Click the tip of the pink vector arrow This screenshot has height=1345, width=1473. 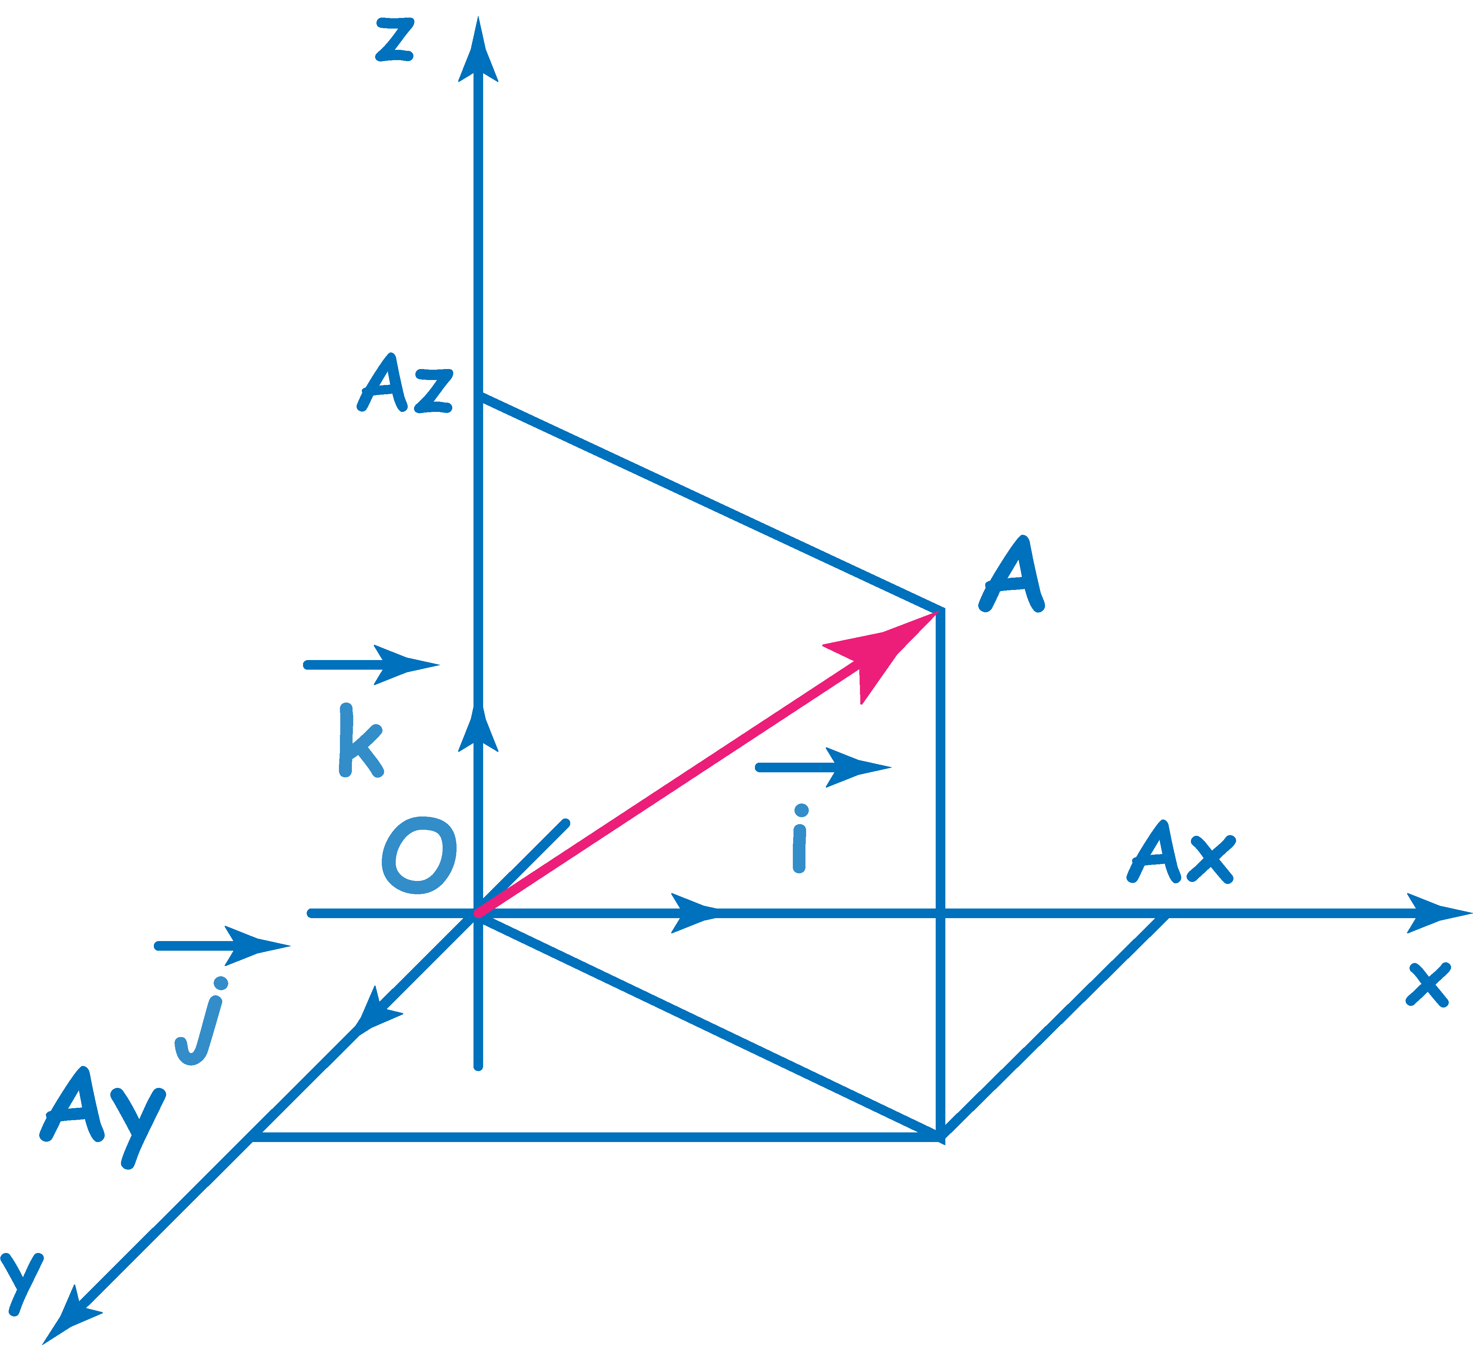[938, 612]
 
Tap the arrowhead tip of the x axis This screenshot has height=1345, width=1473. [1472, 913]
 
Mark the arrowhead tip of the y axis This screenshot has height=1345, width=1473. [43, 1344]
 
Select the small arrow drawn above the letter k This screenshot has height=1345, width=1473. [371, 665]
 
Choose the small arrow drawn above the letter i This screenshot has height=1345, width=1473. [823, 767]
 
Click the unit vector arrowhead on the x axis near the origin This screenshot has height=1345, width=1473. [694, 913]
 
